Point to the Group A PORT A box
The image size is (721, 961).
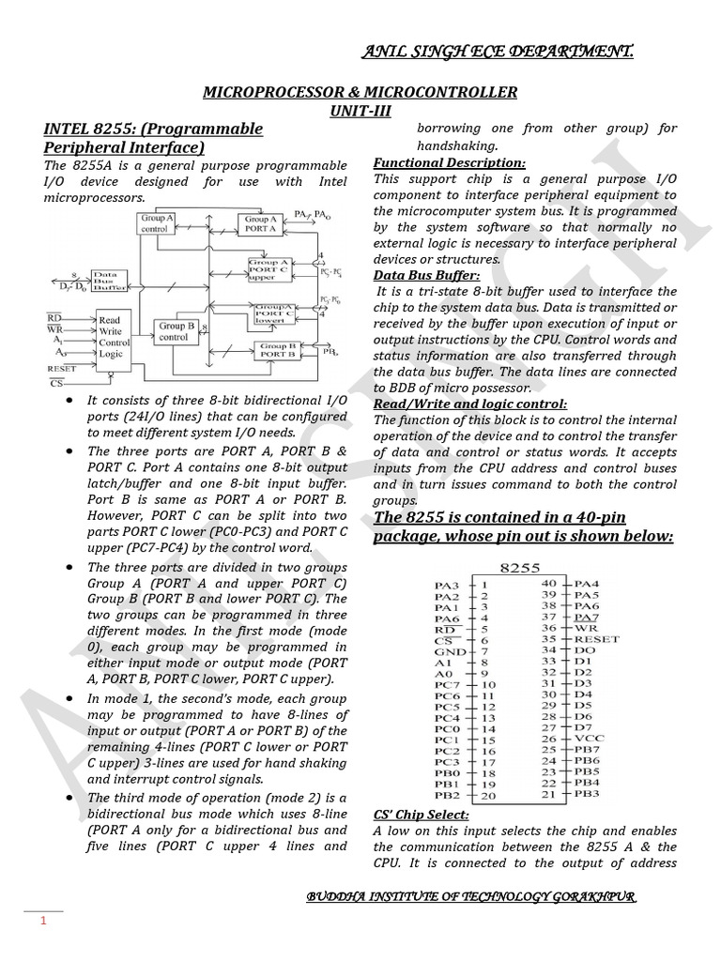261,223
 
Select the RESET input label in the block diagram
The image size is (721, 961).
62,369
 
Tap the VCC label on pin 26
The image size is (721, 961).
590,739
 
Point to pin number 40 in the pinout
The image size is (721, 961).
549,584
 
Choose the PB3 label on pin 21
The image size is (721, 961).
588,794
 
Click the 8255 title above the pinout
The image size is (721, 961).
521,567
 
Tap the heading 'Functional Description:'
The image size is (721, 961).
449,162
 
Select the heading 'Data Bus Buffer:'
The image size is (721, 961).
426,275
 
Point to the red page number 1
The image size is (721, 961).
42,923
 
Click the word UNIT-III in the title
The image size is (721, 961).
360,110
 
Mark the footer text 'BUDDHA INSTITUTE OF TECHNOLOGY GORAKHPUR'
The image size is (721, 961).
471,898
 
